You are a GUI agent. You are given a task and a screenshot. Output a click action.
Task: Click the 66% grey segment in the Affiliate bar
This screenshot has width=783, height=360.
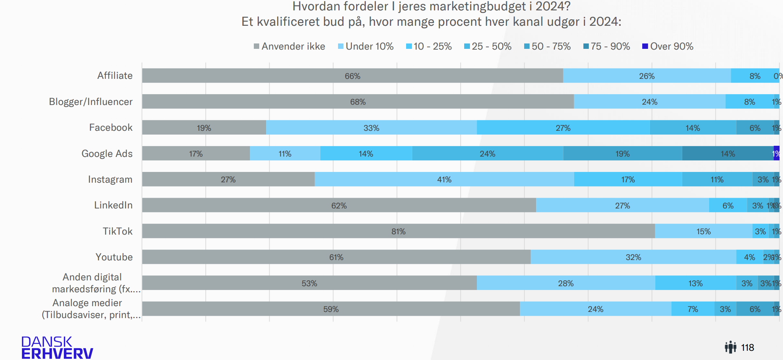352,76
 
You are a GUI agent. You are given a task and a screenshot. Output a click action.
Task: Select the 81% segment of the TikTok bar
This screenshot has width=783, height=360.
398,231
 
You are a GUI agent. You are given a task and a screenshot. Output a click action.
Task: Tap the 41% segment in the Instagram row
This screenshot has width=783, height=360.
444,180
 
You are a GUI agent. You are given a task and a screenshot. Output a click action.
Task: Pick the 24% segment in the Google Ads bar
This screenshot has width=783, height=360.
487,153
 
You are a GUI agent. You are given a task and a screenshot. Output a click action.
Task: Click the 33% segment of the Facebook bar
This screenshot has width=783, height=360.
371,128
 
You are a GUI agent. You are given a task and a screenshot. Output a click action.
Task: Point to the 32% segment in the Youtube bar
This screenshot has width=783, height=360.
633,257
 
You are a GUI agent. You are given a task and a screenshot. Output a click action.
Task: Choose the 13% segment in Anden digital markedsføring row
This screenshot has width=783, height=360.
695,283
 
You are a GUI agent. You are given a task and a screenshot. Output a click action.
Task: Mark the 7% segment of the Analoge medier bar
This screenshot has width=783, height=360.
693,309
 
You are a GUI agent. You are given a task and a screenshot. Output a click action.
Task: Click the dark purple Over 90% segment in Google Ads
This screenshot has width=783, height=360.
776,153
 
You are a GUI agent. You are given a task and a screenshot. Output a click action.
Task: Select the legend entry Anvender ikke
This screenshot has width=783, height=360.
289,47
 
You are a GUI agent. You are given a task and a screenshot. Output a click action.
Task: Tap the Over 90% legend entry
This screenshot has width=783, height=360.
668,47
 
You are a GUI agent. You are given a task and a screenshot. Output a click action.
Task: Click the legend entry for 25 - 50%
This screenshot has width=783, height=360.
488,47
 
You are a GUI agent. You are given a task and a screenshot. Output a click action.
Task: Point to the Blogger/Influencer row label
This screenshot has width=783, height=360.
91,102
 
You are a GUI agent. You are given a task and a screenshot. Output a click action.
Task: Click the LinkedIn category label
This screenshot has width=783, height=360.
113,205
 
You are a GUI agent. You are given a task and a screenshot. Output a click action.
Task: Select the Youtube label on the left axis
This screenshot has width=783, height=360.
114,257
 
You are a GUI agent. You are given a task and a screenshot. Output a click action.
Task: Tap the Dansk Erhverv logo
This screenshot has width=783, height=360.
57,347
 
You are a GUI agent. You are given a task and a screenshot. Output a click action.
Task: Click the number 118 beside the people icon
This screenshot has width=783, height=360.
747,348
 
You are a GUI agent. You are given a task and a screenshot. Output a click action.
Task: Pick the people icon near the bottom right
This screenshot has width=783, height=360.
730,347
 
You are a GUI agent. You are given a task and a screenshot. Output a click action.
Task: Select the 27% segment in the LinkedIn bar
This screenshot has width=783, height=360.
622,205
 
